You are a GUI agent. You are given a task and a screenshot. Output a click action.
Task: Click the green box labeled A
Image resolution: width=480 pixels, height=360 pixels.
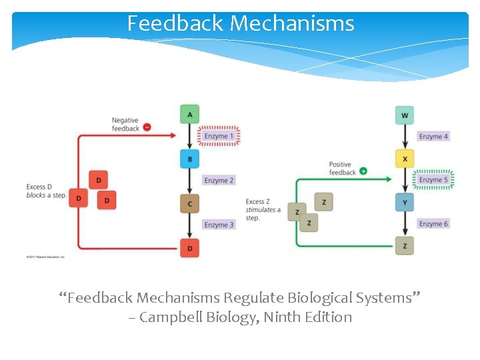pyautogui.click(x=190, y=115)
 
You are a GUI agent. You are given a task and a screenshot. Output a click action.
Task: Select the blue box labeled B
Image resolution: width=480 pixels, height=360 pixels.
pyautogui.click(x=190, y=159)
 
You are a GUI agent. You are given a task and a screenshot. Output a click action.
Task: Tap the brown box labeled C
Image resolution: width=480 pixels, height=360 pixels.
pyautogui.click(x=190, y=203)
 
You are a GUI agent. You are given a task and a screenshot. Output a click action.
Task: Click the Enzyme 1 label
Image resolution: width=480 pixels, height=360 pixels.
pyautogui.click(x=219, y=137)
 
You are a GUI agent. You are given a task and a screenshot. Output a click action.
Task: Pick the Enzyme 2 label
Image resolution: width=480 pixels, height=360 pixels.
pyautogui.click(x=219, y=181)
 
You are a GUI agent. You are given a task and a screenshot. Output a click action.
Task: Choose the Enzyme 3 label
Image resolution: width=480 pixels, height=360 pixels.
pyautogui.click(x=219, y=225)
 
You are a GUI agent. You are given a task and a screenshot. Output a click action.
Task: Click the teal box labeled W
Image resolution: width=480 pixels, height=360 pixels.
pyautogui.click(x=405, y=115)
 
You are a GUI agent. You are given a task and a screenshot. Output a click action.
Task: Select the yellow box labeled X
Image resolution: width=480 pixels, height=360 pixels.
pyautogui.click(x=405, y=159)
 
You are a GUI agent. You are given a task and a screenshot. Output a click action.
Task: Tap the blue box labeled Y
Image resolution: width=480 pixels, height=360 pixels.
pyautogui.click(x=405, y=202)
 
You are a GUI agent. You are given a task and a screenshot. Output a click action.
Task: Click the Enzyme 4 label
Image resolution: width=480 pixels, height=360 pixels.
pyautogui.click(x=433, y=137)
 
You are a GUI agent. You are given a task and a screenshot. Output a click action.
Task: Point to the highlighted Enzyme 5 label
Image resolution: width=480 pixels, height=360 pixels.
pyautogui.click(x=433, y=180)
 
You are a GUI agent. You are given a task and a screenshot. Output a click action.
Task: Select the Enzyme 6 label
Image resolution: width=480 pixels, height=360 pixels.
pyautogui.click(x=433, y=224)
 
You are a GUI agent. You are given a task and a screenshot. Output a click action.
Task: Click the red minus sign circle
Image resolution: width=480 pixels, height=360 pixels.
pyautogui.click(x=147, y=128)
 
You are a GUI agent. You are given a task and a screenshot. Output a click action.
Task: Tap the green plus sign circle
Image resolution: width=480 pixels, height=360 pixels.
pyautogui.click(x=363, y=171)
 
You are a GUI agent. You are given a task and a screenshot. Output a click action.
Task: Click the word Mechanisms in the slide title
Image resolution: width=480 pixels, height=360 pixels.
pyautogui.click(x=292, y=24)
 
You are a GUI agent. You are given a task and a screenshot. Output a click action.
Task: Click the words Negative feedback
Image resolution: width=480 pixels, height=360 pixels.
pyautogui.click(x=125, y=125)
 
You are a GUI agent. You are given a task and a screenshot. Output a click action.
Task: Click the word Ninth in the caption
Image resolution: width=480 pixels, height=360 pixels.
pyautogui.click(x=284, y=317)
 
